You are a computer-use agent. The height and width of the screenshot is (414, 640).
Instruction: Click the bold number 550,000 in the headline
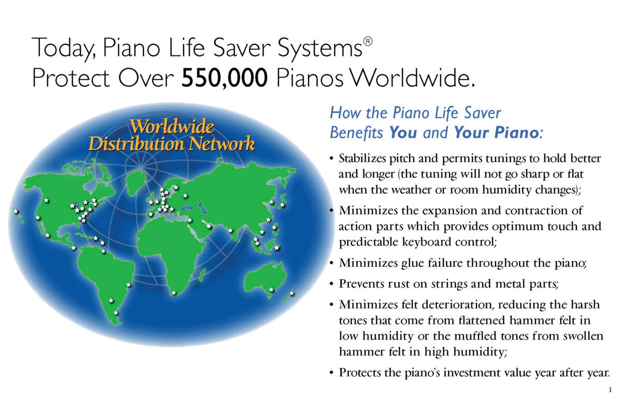[x=225, y=78]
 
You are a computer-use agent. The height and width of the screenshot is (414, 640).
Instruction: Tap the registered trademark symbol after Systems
[x=368, y=42]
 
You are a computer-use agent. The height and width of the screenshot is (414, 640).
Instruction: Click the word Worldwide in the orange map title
[x=172, y=126]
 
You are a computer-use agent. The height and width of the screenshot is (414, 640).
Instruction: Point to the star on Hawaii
[x=16, y=212]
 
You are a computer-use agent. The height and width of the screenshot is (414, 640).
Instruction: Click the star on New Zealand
[x=292, y=293]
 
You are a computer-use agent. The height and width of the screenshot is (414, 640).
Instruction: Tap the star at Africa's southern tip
[x=173, y=293]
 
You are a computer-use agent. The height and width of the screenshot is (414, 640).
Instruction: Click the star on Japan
[x=282, y=205]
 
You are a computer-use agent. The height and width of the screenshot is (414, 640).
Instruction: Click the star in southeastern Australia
[x=271, y=290]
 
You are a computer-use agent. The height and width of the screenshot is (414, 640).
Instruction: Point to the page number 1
[x=610, y=390]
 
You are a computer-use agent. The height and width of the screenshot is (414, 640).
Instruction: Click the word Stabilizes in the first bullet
[x=362, y=158]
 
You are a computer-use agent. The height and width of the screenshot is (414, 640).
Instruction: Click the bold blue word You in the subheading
[x=403, y=132]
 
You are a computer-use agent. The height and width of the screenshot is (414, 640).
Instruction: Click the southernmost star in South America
[x=115, y=313]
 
